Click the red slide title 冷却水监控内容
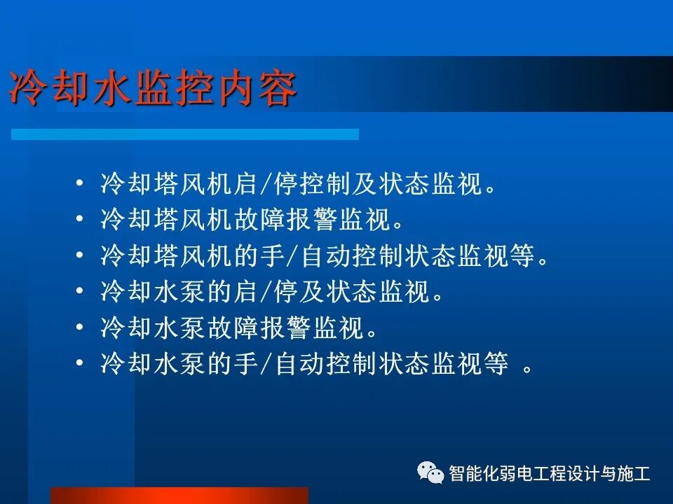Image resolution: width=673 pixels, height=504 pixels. tap(153, 89)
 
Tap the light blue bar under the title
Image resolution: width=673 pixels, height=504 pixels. tap(185, 134)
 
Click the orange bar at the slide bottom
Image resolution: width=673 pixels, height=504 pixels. tap(179, 496)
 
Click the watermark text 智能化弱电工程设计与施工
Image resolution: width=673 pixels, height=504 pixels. tap(550, 473)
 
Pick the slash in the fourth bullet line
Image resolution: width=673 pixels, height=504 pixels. tap(266, 292)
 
